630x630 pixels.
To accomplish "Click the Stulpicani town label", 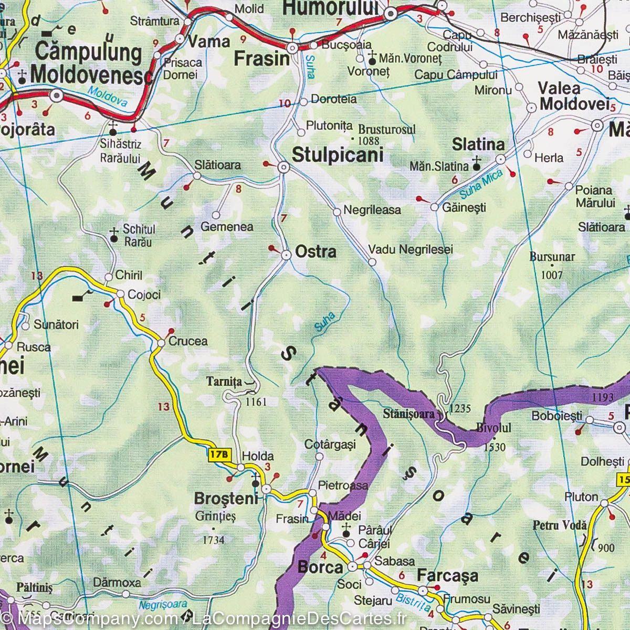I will [337, 155].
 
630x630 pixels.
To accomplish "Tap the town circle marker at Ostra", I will [287, 255].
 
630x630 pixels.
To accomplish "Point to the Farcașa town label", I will [447, 576].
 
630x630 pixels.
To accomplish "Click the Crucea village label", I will [187, 341].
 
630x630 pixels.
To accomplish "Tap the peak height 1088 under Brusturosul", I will [368, 140].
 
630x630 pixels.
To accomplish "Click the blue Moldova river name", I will [108, 97].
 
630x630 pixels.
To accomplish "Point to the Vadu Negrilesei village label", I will [410, 250].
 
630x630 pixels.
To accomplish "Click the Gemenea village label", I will [227, 227].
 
